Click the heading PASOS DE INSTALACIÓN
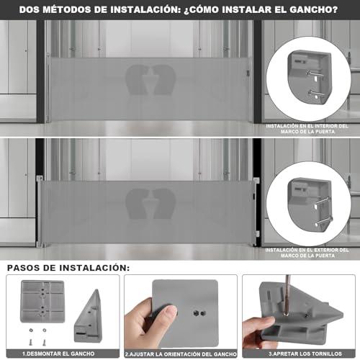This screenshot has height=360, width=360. tap(68, 267)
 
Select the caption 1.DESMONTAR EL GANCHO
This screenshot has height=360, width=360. tap(61, 354)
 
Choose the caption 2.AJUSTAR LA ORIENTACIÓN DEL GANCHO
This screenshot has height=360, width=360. tap(180, 354)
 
